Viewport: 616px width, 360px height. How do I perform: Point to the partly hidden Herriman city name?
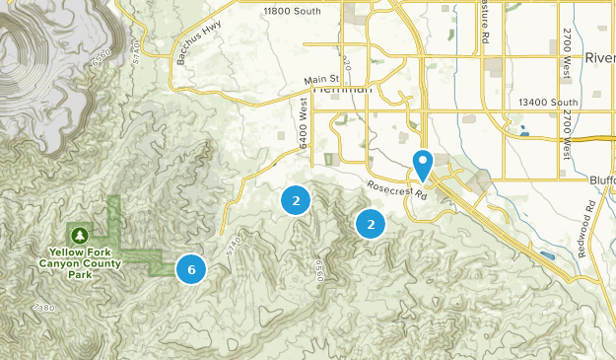[344, 90]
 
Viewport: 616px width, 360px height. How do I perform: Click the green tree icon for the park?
[78, 235]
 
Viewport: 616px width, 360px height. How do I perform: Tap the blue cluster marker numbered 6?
[191, 268]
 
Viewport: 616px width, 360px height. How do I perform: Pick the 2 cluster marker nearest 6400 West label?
[295, 200]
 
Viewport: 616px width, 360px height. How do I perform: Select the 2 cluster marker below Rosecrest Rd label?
[371, 225]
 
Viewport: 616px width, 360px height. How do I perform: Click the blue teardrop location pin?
[424, 164]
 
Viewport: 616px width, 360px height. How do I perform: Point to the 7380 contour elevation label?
[44, 308]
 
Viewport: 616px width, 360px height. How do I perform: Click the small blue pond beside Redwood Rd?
[548, 254]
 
